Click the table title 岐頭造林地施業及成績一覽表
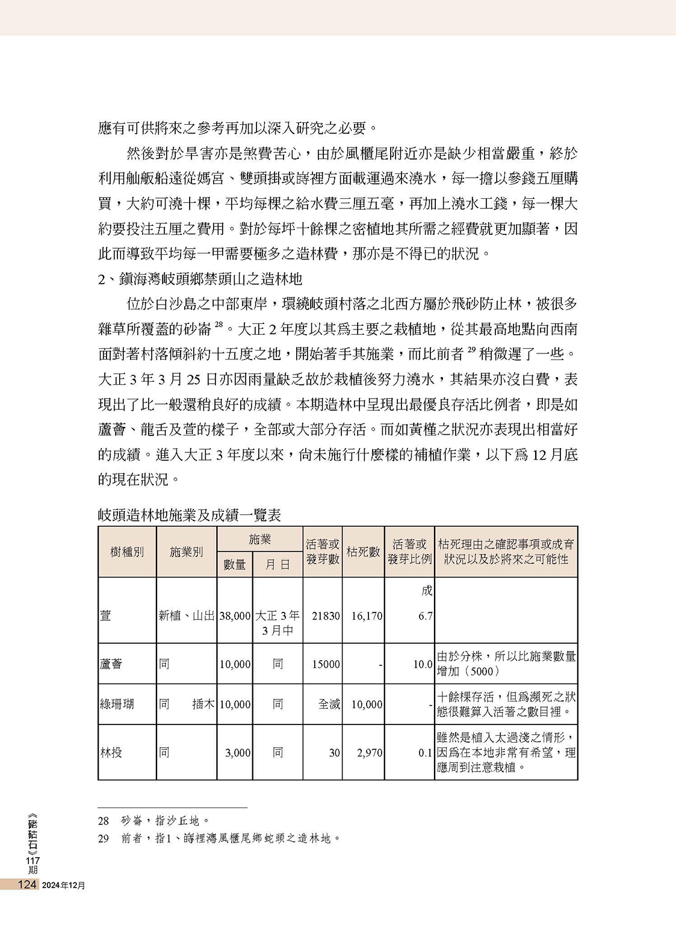[189, 515]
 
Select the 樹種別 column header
[127, 552]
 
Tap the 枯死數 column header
[363, 552]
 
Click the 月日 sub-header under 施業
[278, 564]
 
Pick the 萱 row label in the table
[105, 616]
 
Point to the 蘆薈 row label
[111, 664]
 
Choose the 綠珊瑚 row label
[117, 703]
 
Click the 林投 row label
[111, 752]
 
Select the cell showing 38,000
[235, 616]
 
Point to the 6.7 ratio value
[425, 616]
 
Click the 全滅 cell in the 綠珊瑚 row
[329, 703]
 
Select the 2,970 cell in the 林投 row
[367, 752]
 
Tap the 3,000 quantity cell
[238, 752]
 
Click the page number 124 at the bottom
[28, 885]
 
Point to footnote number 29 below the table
[104, 838]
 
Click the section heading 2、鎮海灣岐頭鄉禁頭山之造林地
[200, 279]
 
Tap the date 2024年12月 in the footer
[64, 885]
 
